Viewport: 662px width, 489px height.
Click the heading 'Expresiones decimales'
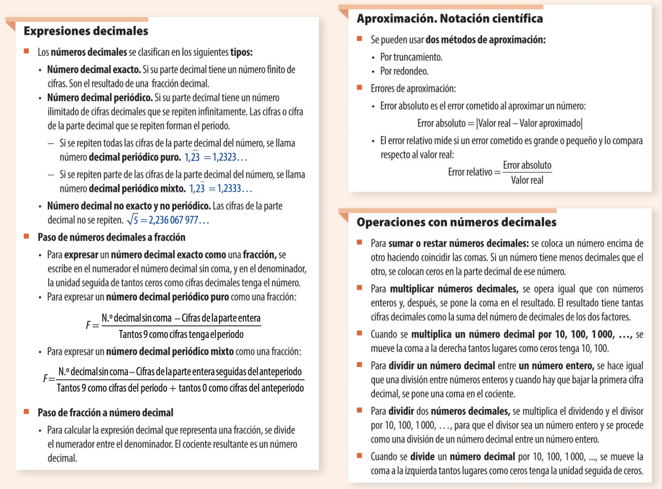click(86, 31)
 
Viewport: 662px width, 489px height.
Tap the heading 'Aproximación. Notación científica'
click(450, 19)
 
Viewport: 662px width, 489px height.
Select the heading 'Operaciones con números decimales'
click(456, 222)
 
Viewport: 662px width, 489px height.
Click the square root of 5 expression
click(168, 220)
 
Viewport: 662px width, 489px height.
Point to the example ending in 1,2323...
click(216, 157)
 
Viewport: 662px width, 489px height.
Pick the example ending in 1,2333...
click(221, 188)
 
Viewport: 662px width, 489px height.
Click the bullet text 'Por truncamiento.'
click(411, 57)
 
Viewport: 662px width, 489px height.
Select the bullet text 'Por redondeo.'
click(404, 71)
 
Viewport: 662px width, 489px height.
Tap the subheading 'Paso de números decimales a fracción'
click(111, 237)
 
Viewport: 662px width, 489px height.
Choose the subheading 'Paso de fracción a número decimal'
click(105, 412)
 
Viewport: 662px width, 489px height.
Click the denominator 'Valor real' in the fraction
click(527, 180)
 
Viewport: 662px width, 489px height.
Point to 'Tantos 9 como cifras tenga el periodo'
click(181, 334)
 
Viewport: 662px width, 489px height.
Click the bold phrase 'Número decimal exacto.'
click(94, 69)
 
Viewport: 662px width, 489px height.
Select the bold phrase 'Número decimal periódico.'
click(100, 98)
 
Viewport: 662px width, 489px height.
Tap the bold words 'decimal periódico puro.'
click(135, 157)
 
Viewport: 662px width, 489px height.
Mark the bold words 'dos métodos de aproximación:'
click(485, 40)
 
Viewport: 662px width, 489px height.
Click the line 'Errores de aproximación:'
click(413, 88)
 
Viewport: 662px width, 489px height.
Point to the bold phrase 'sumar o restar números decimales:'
click(458, 243)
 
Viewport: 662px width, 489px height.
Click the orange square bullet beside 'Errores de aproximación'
click(360, 88)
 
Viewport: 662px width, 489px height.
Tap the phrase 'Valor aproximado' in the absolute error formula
click(550, 123)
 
